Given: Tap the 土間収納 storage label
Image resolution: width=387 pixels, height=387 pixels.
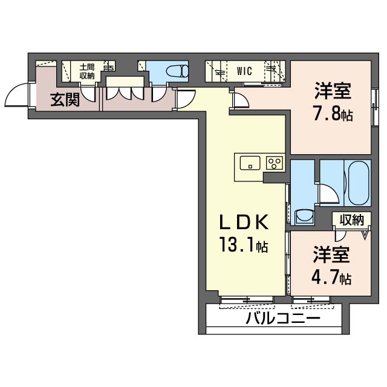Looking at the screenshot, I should [86, 71].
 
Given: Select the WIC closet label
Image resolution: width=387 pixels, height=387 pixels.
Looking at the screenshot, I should [244, 71].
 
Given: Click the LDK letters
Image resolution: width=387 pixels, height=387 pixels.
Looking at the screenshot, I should [243, 223].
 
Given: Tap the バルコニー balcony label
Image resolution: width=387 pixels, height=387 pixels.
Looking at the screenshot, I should [282, 318].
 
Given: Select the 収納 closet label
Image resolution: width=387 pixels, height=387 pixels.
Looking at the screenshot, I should [351, 220].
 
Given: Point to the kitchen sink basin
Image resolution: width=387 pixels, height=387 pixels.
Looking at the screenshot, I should [250, 163].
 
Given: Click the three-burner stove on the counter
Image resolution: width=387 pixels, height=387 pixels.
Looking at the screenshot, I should [275, 163].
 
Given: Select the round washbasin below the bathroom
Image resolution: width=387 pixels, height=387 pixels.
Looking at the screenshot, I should [304, 216].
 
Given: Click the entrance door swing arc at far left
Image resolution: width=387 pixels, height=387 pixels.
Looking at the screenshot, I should [15, 96].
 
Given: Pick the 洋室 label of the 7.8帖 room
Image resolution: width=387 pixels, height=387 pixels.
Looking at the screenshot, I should [333, 93].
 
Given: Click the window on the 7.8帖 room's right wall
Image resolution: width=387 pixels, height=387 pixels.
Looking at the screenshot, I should [371, 108].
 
